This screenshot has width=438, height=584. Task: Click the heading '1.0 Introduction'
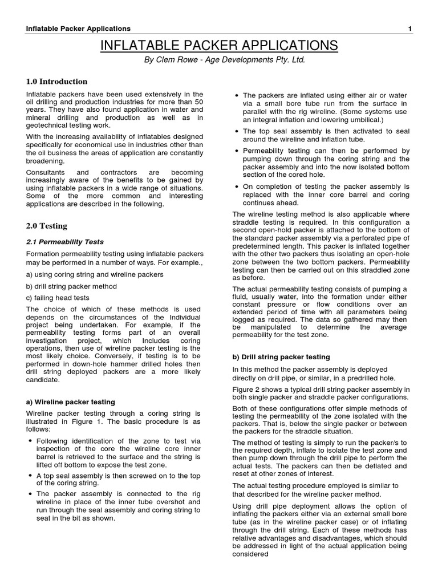(x=57, y=82)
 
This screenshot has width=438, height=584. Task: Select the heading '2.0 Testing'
(x=47, y=226)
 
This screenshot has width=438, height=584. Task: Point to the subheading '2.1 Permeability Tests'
(x=65, y=242)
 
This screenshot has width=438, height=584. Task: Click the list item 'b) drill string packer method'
(x=72, y=286)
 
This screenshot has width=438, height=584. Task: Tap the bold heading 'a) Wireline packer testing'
(x=71, y=402)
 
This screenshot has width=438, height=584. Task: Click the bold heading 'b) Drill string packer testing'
(x=281, y=357)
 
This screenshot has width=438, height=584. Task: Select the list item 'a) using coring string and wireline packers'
(x=95, y=274)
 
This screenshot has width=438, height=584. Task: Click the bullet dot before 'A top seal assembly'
(x=30, y=474)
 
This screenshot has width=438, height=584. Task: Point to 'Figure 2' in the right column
(x=246, y=390)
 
